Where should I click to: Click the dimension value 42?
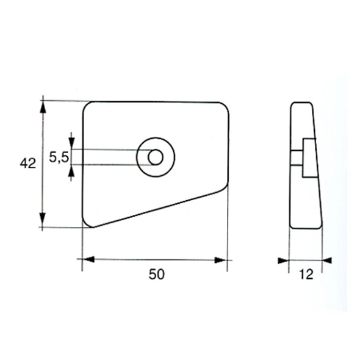pos(28,163)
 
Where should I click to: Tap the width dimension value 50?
pos(156,275)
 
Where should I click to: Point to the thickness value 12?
pos(306,275)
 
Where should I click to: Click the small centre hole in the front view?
pos(156,157)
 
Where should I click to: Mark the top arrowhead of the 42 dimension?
pos(43,106)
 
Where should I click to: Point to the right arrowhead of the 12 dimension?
pos(326,261)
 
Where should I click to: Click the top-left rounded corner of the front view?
pos(87,106)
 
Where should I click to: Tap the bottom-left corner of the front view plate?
pos(87,223)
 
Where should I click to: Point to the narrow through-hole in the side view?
pos(297,159)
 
